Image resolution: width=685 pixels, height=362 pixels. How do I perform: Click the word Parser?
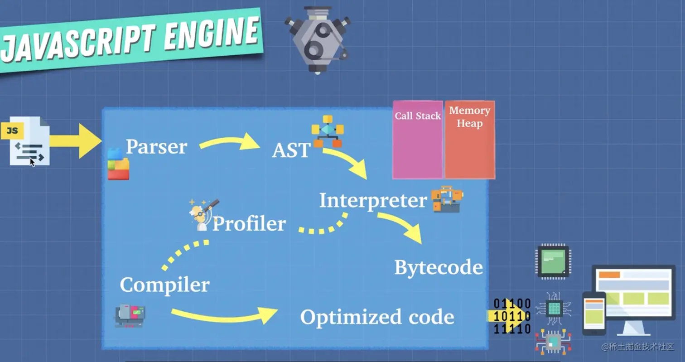156,147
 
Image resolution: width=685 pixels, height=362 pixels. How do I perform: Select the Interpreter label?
373,201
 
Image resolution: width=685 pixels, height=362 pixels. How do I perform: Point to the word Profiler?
249,224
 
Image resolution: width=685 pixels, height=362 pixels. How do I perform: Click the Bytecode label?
438,267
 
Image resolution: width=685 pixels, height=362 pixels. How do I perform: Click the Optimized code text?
377,317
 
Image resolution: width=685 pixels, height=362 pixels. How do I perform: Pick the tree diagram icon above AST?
328,131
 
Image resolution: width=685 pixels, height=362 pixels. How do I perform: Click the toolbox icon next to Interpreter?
447,199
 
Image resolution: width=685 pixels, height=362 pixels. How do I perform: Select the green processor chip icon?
553,261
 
